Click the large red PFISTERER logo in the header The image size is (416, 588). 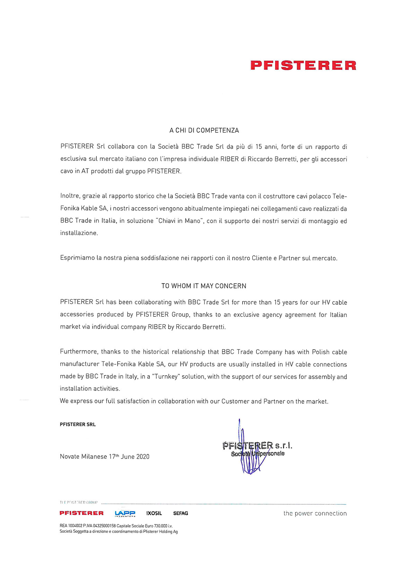303,65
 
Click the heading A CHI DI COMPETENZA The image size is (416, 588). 204,130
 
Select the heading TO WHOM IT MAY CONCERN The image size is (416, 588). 204,286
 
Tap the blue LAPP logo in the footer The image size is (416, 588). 125,513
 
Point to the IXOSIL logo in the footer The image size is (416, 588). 154,513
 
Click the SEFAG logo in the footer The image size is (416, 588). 181,513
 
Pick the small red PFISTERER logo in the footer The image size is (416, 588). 81,513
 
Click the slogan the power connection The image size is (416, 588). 315,513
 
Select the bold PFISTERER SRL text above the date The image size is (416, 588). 78,424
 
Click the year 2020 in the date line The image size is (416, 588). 142,457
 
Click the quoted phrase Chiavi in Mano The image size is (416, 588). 180,221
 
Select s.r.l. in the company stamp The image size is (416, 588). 284,445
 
